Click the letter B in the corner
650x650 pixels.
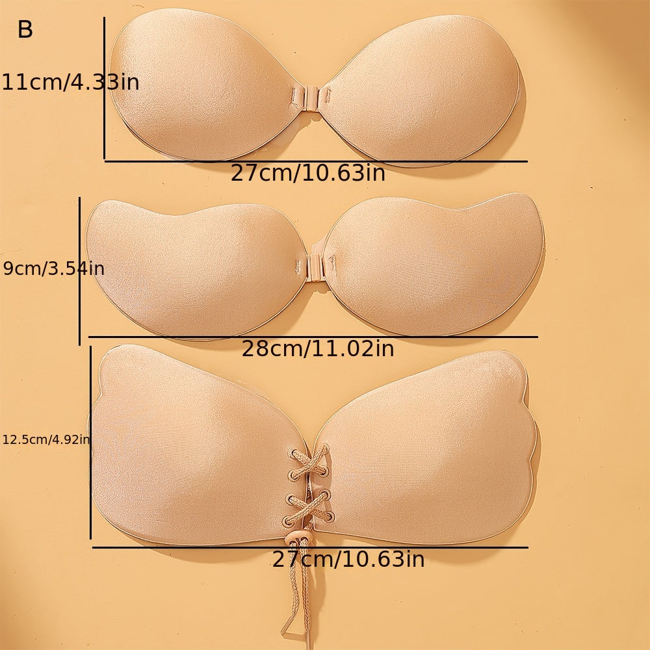25,30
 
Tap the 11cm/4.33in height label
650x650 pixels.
70,83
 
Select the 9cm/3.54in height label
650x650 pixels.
53,268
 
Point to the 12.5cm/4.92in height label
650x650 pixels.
46,440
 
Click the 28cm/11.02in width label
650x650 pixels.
318,349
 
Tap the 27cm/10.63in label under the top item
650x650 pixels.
308,174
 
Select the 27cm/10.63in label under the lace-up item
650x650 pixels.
348,560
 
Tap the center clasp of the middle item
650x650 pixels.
314,265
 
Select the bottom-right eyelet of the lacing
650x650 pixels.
329,517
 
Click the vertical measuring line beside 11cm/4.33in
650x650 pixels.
104,88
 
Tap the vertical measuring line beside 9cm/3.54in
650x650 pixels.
79,271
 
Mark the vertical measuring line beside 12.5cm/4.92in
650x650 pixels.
90,443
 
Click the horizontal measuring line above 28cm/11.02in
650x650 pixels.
313,337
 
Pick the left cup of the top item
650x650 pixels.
201,84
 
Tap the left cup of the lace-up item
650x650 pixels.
195,448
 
